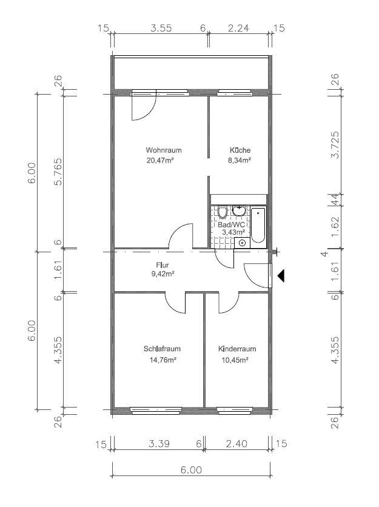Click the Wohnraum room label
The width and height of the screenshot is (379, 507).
tap(164, 150)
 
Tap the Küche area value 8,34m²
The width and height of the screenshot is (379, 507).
tap(240, 160)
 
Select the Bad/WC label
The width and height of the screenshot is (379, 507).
tap(229, 224)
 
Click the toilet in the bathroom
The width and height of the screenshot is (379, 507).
tap(222, 212)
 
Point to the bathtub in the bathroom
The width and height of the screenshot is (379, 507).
tap(258, 225)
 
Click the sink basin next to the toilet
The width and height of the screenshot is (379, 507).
tap(238, 210)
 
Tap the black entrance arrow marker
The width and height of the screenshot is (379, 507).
tap(281, 275)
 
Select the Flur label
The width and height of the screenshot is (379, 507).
tap(163, 265)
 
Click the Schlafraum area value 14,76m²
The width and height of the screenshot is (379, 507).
tap(163, 360)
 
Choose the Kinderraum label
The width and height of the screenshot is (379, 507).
tap(237, 349)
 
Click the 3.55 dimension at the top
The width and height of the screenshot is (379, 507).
tap(161, 28)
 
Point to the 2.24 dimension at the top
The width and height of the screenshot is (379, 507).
tap(238, 28)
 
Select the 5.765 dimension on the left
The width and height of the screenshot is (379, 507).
tap(58, 172)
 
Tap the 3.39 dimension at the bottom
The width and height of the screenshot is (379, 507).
tap(159, 443)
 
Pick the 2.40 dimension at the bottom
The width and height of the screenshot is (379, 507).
tap(237, 443)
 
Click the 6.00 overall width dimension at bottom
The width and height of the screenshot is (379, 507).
tap(191, 469)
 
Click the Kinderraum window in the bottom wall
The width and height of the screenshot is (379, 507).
tap(234, 411)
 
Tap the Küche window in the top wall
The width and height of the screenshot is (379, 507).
tap(234, 93)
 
